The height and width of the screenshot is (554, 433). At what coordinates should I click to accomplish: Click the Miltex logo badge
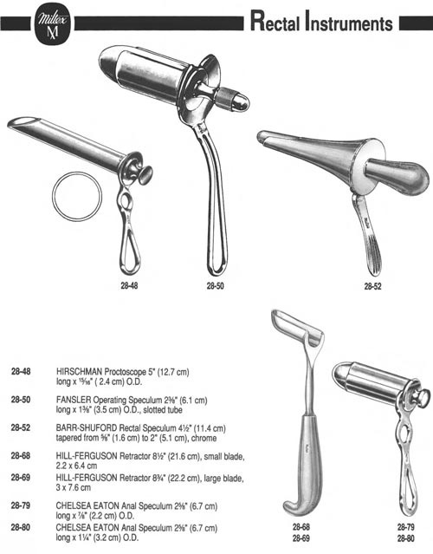(x=52, y=24)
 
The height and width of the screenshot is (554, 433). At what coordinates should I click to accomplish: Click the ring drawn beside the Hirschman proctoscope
(x=77, y=197)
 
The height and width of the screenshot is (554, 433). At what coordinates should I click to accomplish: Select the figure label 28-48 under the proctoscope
(x=129, y=285)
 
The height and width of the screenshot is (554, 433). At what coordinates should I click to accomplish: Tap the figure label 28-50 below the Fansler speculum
(x=215, y=286)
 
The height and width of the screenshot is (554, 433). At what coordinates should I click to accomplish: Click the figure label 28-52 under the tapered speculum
(x=372, y=286)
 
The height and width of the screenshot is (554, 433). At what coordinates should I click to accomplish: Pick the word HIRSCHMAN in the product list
(x=80, y=372)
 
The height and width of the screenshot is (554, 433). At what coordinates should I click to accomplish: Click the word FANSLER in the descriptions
(x=74, y=400)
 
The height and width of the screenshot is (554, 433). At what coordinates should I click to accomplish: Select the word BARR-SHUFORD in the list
(x=87, y=428)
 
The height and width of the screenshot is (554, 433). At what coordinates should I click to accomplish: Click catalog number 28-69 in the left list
(x=21, y=478)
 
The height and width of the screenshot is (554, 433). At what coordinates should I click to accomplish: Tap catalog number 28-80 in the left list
(x=21, y=527)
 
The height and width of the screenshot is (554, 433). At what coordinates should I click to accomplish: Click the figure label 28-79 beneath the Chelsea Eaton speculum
(x=406, y=527)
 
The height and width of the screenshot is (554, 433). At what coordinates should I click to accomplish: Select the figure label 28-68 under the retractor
(x=301, y=527)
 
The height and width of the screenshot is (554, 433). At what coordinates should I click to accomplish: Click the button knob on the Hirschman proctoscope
(x=145, y=175)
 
